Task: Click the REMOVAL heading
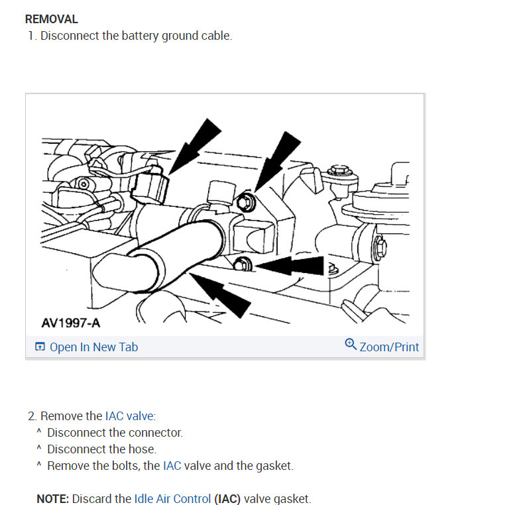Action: [51, 19]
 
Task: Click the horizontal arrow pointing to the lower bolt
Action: [292, 266]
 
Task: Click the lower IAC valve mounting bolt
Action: [241, 265]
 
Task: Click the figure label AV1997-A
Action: [71, 323]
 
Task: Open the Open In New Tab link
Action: [93, 347]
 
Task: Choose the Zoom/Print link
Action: [389, 347]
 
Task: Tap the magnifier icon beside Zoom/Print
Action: [351, 345]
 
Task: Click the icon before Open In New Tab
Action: [40, 347]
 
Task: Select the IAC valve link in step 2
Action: [129, 416]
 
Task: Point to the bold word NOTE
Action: [53, 499]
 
